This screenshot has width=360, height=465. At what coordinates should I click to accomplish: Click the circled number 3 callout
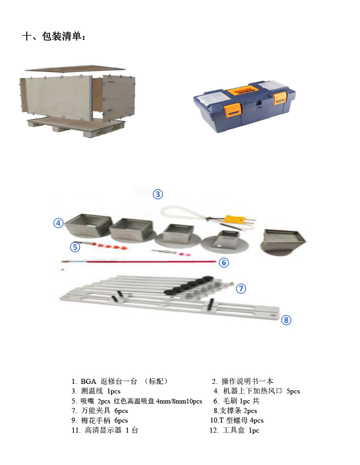[157, 195]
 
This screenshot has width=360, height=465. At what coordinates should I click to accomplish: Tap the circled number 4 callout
[58, 223]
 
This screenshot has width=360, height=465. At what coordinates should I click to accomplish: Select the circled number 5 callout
[75, 247]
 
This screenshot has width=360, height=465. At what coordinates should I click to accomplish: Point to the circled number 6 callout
[223, 263]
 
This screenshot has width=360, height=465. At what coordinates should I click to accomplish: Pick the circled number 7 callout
[241, 289]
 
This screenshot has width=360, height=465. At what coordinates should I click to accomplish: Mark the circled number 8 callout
[286, 320]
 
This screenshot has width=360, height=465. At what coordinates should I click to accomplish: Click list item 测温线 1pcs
[96, 391]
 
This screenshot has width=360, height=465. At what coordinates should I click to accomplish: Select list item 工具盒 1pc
[234, 430]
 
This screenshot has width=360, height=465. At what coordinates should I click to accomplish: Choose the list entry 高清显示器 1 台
[104, 430]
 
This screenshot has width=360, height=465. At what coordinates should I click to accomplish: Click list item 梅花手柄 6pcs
[99, 420]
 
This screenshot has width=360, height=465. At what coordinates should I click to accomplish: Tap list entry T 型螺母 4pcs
[237, 420]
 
